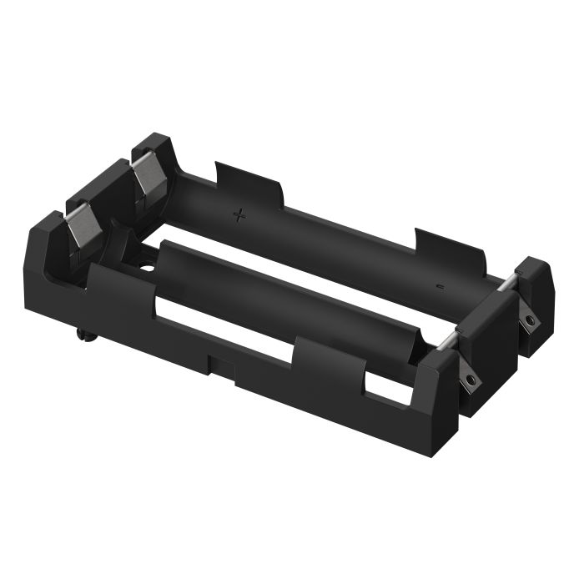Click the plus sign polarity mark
pyautogui.click(x=240, y=216)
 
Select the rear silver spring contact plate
pyautogui.click(x=147, y=177)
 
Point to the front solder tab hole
pyautogui.click(x=473, y=380)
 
